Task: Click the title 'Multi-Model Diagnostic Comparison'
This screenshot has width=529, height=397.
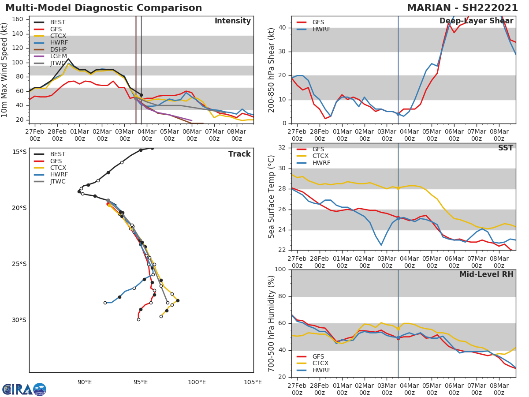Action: click(x=104, y=8)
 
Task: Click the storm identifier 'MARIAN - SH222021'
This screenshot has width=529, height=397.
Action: click(x=462, y=8)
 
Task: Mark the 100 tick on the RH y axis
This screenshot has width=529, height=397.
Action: click(x=280, y=270)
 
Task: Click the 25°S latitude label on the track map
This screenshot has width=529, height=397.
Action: click(x=19, y=264)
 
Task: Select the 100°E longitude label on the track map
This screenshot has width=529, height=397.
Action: click(x=197, y=382)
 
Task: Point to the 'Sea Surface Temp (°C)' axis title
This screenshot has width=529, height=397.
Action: click(x=271, y=197)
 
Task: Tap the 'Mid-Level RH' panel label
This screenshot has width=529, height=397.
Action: click(x=486, y=274)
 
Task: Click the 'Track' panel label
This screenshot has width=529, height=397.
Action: click(x=239, y=154)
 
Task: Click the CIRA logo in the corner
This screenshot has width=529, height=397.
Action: click(x=24, y=389)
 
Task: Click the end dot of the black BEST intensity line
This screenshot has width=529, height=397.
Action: click(x=141, y=95)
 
